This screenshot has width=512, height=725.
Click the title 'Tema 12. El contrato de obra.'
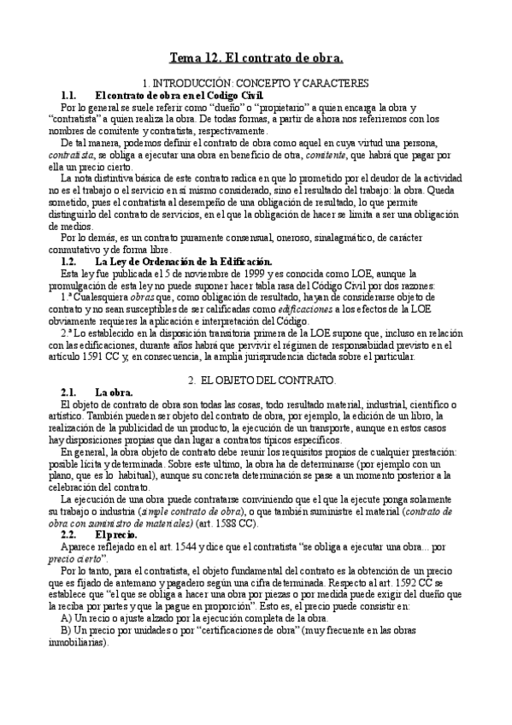click(x=256, y=58)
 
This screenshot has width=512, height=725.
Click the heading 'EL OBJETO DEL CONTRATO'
click(x=268, y=378)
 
